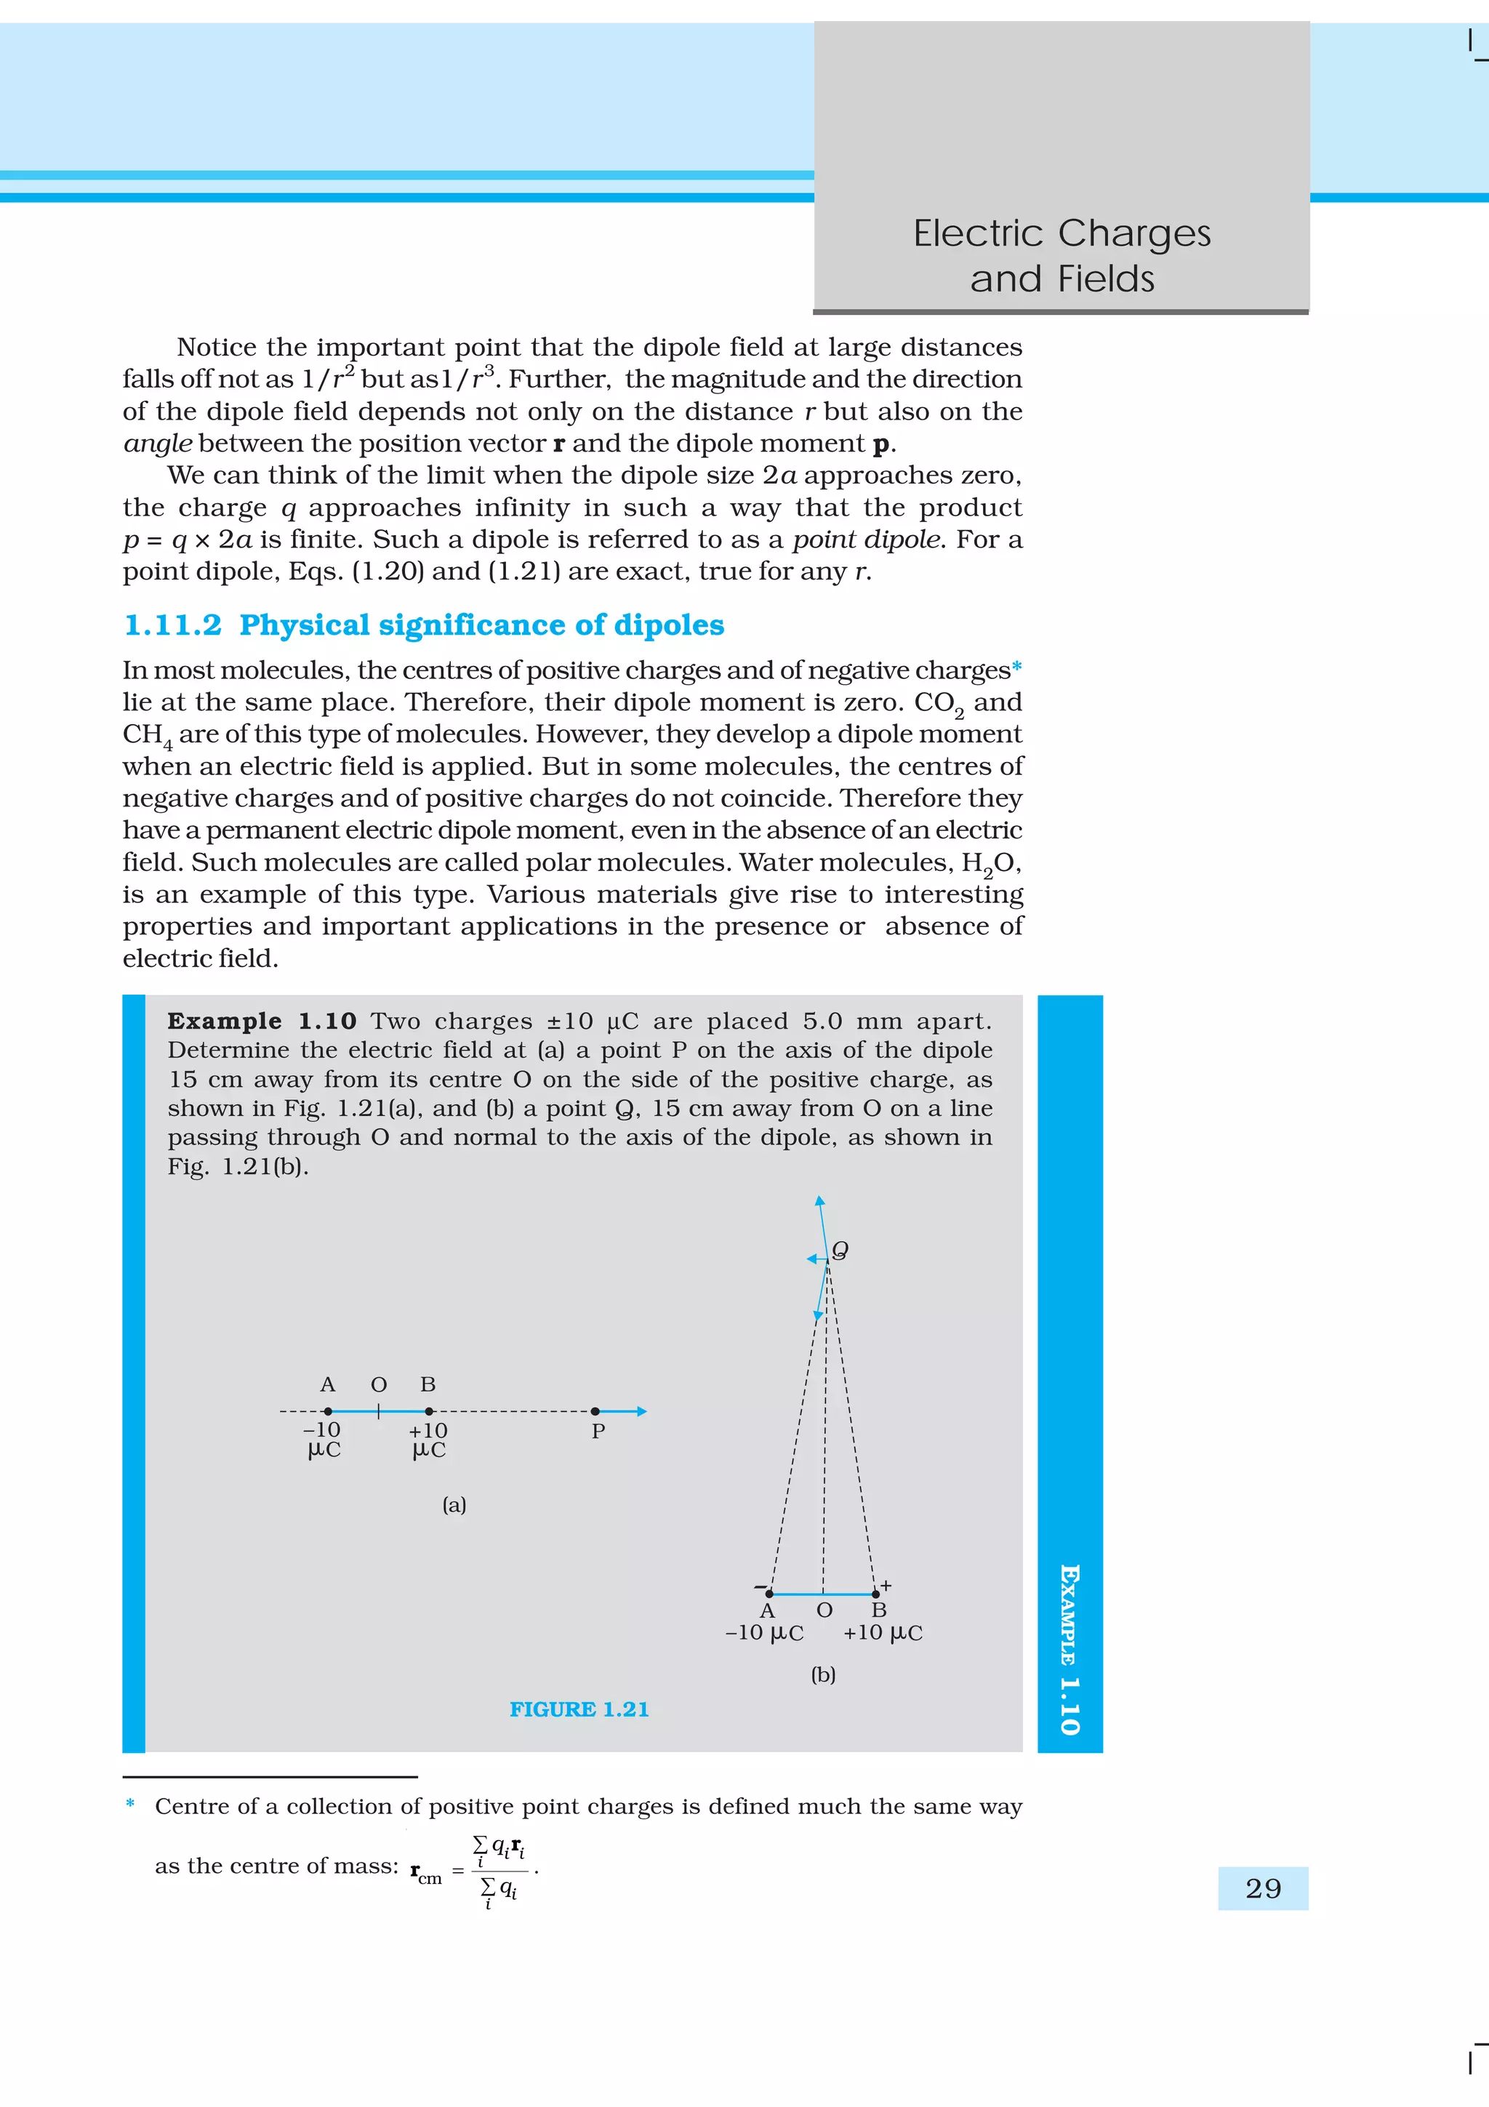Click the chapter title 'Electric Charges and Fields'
pyautogui.click(x=1061, y=255)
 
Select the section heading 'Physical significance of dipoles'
pyautogui.click(x=481, y=625)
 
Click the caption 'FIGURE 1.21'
pyautogui.click(x=579, y=1709)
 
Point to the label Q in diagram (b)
pyautogui.click(x=840, y=1250)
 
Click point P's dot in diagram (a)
pyautogui.click(x=595, y=1411)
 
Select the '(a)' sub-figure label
pyautogui.click(x=454, y=1504)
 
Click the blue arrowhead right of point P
pyautogui.click(x=642, y=1411)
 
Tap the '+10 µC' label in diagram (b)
pyautogui.click(x=883, y=1632)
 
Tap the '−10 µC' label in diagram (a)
pyautogui.click(x=323, y=1440)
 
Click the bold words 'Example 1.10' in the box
pyautogui.click(x=262, y=1022)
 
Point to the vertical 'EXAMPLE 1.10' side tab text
pyautogui.click(x=1069, y=1649)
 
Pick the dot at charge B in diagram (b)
pyautogui.click(x=875, y=1594)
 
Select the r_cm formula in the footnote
pyautogui.click(x=473, y=1870)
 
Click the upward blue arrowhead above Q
pyautogui.click(x=820, y=1200)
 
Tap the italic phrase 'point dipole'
pyautogui.click(x=866, y=539)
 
